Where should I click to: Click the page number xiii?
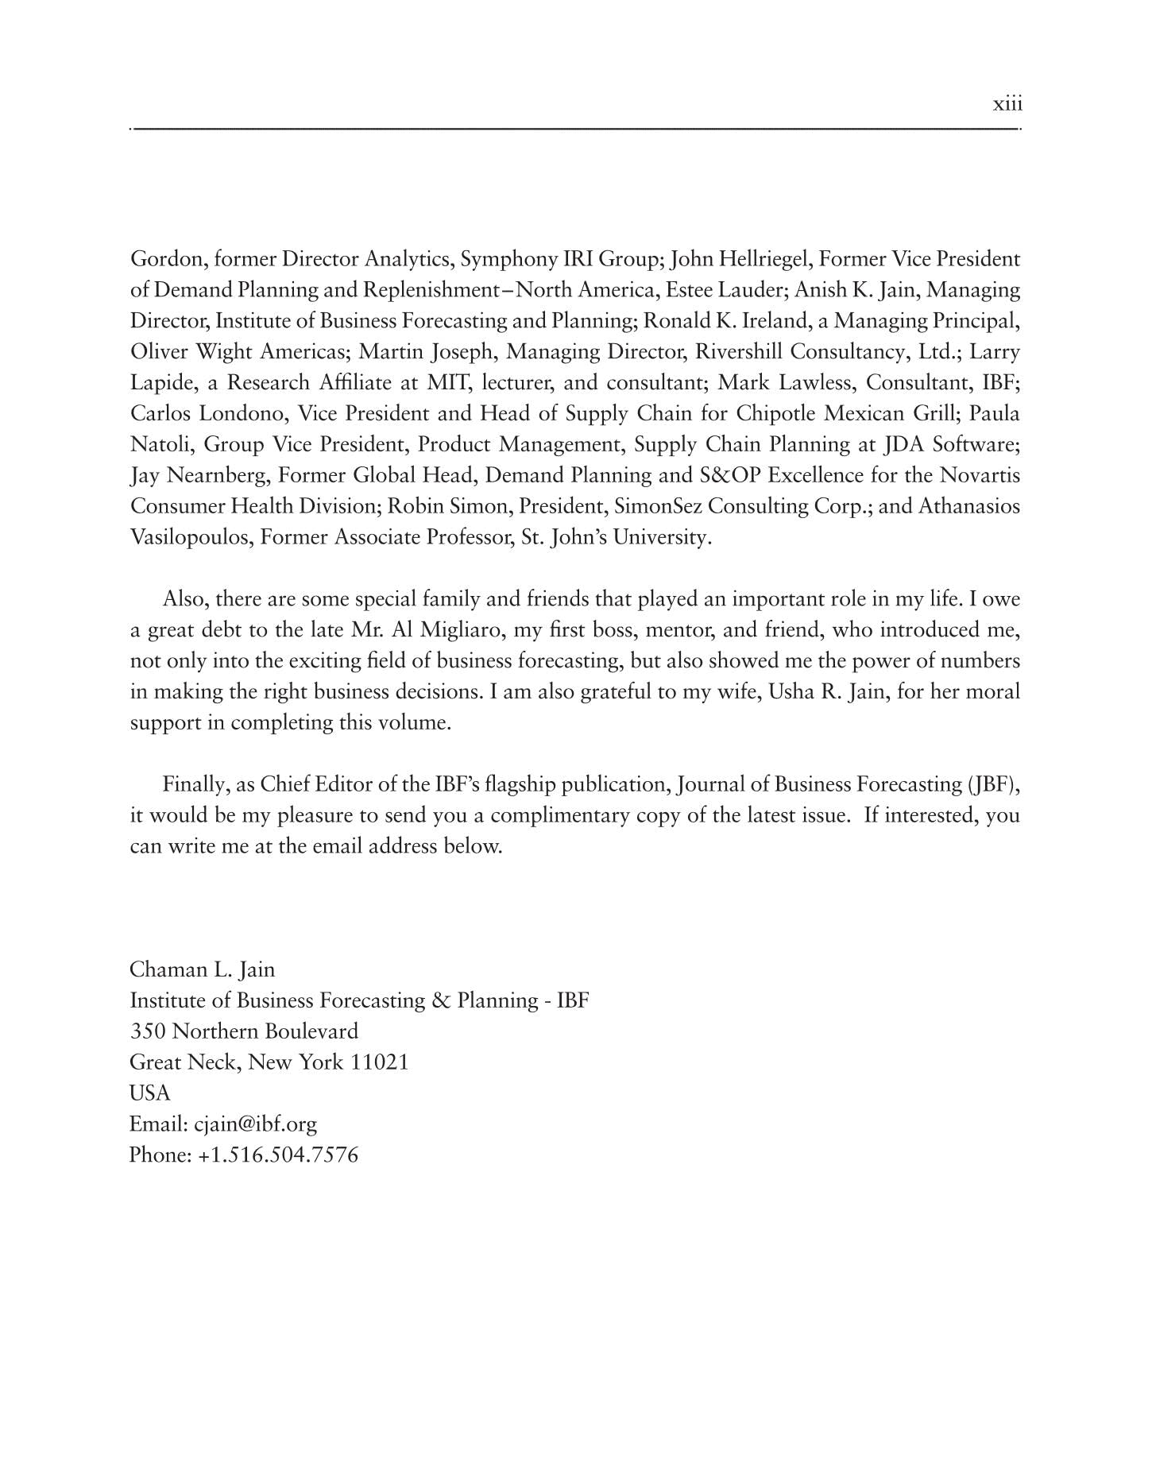[1007, 105]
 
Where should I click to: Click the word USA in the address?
[149, 1093]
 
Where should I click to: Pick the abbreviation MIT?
[449, 383]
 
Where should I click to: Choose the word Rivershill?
[739, 352]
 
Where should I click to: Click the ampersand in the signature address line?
[441, 1000]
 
